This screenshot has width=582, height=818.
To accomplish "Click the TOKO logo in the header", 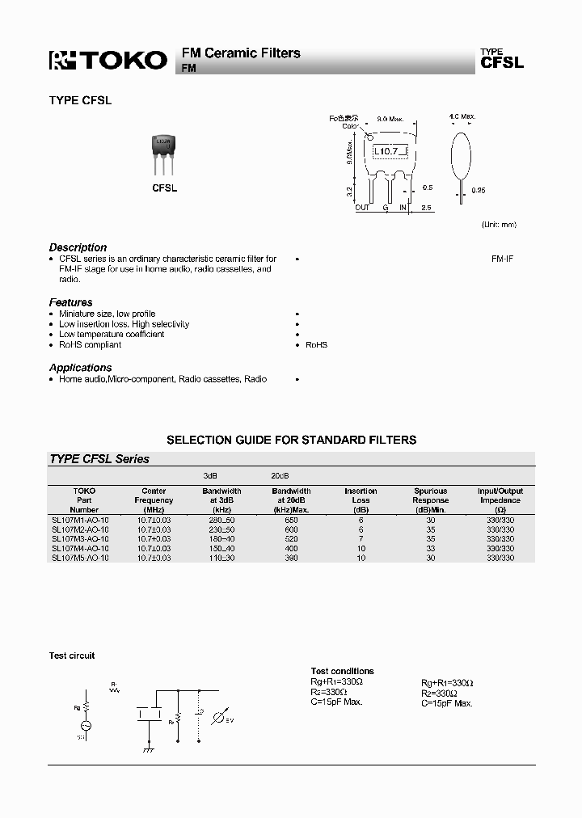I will point(108,61).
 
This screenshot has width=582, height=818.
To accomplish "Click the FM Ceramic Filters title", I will point(241,53).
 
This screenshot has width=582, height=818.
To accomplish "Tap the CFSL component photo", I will point(164,154).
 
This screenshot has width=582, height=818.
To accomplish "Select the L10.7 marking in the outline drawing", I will point(388,151).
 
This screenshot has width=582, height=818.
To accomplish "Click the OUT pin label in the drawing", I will point(362,208).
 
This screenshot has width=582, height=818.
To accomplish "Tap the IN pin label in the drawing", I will point(403,208).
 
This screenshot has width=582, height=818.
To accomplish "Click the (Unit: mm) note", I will point(498,224).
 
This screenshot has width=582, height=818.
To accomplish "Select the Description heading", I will point(78,247).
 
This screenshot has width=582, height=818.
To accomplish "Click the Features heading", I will point(71,302).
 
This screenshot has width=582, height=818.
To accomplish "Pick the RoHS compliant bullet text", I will point(90,344).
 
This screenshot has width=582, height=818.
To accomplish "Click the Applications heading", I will point(80,368).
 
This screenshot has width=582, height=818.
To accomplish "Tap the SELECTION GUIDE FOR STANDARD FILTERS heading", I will point(291,440).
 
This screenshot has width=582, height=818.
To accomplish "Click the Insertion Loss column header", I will point(361,495).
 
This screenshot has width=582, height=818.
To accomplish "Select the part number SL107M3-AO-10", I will point(80,538).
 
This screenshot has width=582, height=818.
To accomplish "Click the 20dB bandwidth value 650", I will point(291,519).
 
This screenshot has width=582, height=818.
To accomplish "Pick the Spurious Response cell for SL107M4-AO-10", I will point(430,548).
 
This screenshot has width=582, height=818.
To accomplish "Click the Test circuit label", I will point(72,656).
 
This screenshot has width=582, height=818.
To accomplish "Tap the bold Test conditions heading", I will point(342,671).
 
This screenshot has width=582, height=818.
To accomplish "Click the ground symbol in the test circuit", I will point(149,751).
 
